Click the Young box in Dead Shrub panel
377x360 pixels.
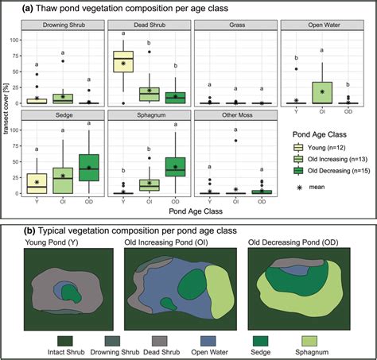coord(122,60)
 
